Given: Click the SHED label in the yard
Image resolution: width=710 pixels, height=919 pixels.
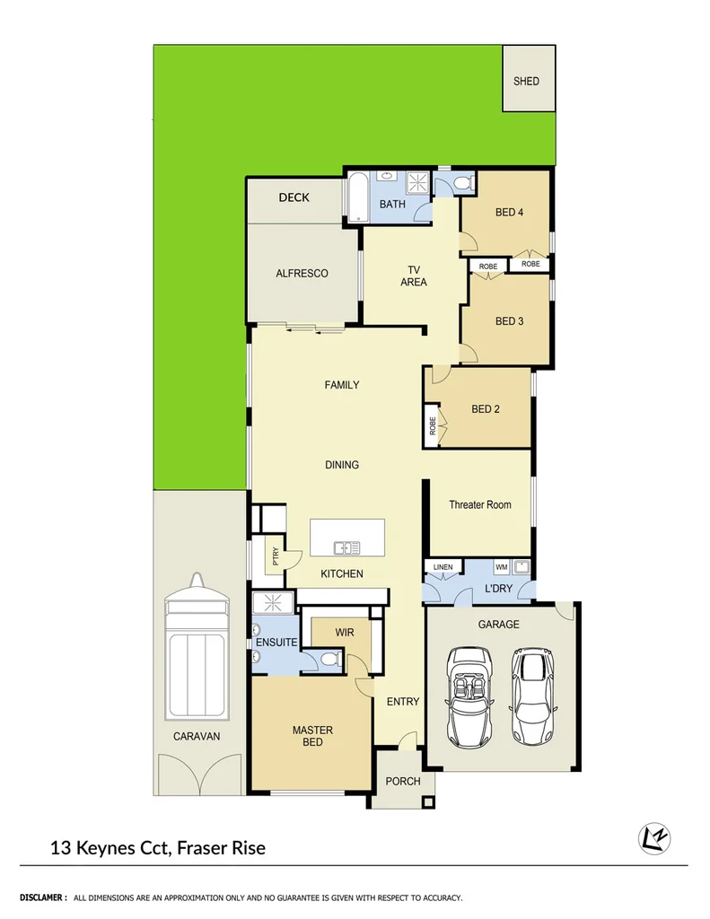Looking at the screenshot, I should [x=526, y=81].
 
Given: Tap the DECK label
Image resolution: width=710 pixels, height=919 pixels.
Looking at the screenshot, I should [x=294, y=197].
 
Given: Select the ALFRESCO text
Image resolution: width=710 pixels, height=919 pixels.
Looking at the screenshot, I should [x=302, y=273].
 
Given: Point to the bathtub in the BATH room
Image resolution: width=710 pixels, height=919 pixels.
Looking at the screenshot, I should [x=355, y=197].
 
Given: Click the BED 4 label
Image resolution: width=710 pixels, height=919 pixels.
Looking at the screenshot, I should [x=509, y=213].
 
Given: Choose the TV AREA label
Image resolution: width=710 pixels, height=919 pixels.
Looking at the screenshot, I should [x=414, y=276].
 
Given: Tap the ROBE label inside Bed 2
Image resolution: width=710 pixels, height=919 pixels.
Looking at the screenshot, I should [x=433, y=426].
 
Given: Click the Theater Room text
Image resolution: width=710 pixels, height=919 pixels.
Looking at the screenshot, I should [x=480, y=504].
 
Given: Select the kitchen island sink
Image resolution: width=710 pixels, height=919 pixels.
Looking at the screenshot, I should [x=346, y=547].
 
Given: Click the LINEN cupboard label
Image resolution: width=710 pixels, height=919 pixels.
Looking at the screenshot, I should [x=443, y=567].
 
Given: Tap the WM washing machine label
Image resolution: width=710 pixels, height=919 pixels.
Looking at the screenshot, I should [x=501, y=567].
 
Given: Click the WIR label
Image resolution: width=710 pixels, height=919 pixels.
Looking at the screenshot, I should [x=344, y=633].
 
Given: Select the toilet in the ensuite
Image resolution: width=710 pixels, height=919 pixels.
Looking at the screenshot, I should [x=329, y=661].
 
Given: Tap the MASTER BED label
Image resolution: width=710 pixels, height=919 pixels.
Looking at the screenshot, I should [x=312, y=736].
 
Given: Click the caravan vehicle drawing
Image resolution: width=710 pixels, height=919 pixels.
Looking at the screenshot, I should [x=195, y=646].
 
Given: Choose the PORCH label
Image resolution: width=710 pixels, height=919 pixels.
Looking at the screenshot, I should [x=403, y=781].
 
